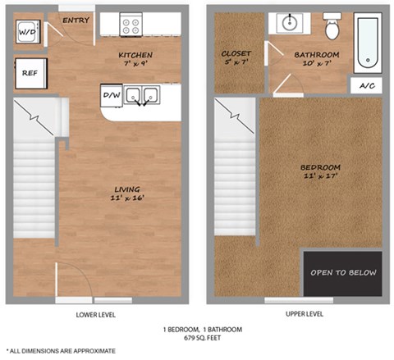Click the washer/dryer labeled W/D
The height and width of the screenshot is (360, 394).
tap(28, 32)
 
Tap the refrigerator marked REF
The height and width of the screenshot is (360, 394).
tap(31, 73)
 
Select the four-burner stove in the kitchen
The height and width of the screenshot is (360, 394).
tap(131, 25)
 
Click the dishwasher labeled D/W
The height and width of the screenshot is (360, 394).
tap(112, 95)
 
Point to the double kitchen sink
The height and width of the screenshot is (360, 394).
tap(142, 95)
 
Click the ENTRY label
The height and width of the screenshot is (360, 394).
tap(76, 20)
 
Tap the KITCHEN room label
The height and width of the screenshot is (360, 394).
tap(135, 55)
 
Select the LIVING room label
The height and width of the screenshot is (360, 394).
tap(127, 189)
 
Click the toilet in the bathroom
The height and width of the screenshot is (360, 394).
tap(332, 26)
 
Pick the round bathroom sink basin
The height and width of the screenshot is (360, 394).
tap(290, 23)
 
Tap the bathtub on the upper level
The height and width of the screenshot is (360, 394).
tap(368, 43)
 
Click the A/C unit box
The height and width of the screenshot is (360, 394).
tap(367, 86)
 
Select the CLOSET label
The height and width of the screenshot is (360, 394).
tap(236, 53)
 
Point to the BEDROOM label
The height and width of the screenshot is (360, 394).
tap(320, 167)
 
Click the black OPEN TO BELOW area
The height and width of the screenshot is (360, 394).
tap(342, 274)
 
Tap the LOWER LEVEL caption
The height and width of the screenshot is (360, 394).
tap(96, 315)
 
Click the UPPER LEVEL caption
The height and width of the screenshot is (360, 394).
tap(305, 314)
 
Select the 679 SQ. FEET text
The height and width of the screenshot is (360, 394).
tap(202, 338)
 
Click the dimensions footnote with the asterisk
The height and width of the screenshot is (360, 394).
tap(61, 351)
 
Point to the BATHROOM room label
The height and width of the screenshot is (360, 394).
tap(317, 55)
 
